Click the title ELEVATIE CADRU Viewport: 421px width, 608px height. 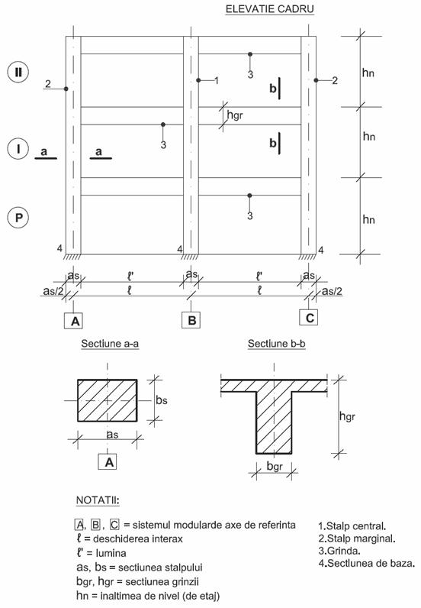click(x=269, y=9)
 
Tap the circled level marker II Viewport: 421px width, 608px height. click(x=18, y=73)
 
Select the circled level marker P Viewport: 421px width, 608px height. click(x=18, y=218)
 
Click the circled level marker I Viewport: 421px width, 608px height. click(x=18, y=148)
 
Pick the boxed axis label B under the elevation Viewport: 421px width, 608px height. click(x=191, y=320)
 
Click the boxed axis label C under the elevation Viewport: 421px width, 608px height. click(x=309, y=318)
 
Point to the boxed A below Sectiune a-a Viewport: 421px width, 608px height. click(x=108, y=461)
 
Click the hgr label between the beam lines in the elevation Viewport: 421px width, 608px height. click(x=235, y=115)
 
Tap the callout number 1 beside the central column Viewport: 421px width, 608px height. click(x=217, y=81)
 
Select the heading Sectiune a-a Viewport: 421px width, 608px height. click(x=110, y=344)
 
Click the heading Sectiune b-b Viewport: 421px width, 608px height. click(x=277, y=344)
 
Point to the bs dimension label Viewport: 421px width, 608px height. click(x=162, y=399)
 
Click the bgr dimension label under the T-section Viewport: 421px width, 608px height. click(x=275, y=466)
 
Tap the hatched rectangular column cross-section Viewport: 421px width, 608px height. click(x=108, y=400)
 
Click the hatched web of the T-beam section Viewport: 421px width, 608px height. click(x=275, y=422)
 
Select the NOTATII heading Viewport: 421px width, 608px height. click(x=98, y=500)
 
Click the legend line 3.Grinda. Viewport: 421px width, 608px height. click(x=339, y=551)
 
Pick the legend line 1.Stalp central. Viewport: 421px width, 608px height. click(x=352, y=526)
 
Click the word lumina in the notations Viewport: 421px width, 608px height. click(x=111, y=553)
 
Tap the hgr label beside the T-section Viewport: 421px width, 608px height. click(x=347, y=416)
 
